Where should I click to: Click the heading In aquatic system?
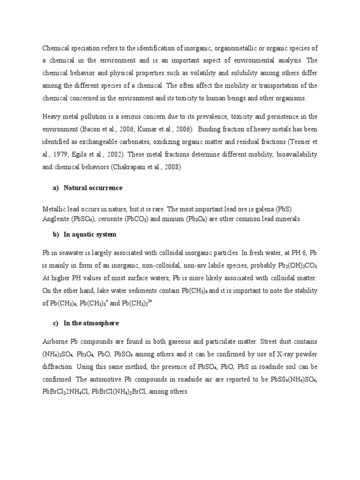click(x=90, y=234)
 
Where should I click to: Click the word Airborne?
click(x=56, y=342)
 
